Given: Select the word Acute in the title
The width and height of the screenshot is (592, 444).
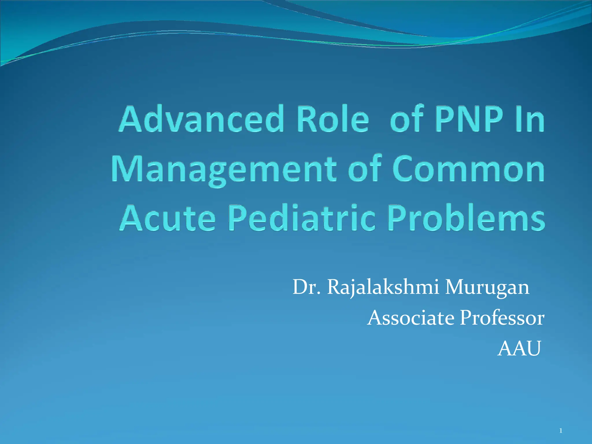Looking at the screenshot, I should point(168,218).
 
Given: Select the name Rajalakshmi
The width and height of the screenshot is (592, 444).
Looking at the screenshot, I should point(383,288).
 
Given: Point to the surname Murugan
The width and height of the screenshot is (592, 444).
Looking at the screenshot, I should point(487,288).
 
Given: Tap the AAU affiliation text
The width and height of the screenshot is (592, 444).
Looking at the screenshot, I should point(519,349).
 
